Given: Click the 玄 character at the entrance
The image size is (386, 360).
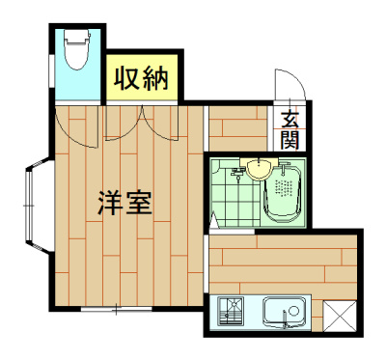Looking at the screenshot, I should pos(289,121).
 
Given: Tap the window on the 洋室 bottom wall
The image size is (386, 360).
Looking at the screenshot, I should pos(114,309).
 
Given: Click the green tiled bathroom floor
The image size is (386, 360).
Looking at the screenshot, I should pos(232,198).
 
